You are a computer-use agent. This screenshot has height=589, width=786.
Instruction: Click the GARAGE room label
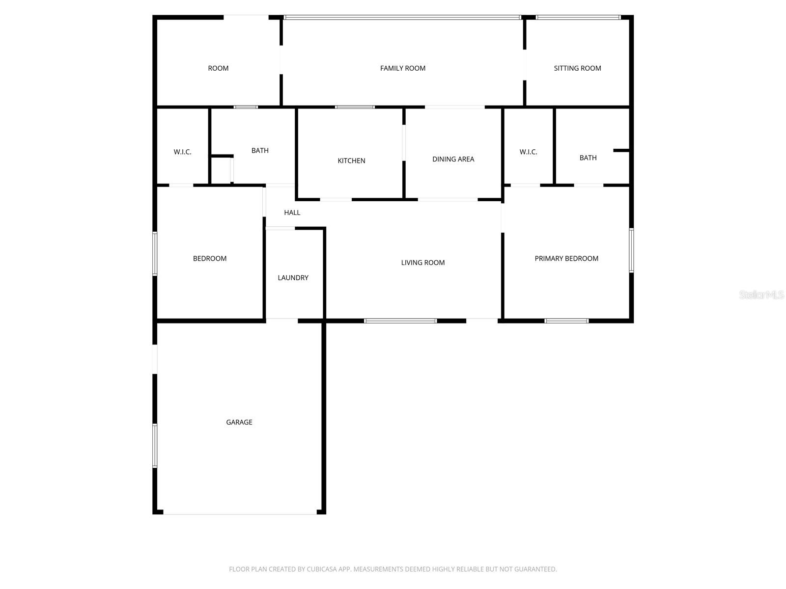point(239,422)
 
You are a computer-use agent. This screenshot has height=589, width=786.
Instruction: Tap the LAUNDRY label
point(293,277)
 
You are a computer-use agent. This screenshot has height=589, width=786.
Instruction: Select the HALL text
point(292,213)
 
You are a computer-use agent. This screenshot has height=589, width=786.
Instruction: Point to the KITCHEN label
point(351,161)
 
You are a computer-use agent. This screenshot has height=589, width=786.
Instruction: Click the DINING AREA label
point(453,159)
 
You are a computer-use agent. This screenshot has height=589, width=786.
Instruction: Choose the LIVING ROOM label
point(422,263)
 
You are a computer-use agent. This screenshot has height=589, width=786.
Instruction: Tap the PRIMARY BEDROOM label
point(566,258)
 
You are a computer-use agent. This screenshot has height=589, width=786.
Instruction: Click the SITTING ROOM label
point(577,68)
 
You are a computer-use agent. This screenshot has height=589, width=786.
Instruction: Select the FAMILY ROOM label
point(402,68)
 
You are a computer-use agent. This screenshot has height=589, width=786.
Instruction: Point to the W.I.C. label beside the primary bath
point(528,152)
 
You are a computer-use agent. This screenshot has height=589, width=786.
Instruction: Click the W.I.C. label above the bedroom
point(182,152)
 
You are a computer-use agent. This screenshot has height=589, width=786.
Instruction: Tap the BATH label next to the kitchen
point(259,150)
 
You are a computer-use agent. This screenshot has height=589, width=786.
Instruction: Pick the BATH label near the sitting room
point(588,158)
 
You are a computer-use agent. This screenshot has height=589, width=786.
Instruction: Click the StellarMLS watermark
point(761,294)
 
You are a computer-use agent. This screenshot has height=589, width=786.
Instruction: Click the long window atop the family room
point(402,17)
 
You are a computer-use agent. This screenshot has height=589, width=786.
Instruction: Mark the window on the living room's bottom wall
point(400,321)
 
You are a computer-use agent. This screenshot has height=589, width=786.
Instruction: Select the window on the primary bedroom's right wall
point(631,250)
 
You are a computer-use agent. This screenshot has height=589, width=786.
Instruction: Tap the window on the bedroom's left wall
point(155,254)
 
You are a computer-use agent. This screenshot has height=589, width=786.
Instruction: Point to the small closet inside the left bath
point(222,170)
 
